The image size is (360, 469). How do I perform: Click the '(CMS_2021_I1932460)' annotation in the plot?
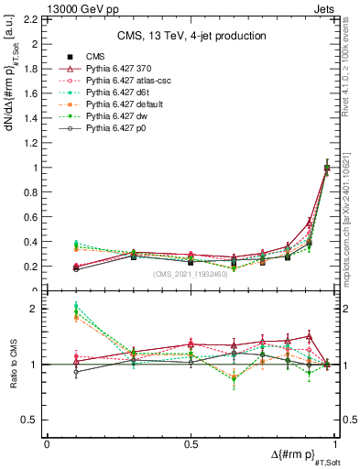point(191,275)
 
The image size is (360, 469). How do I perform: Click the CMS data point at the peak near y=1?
point(327,168)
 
